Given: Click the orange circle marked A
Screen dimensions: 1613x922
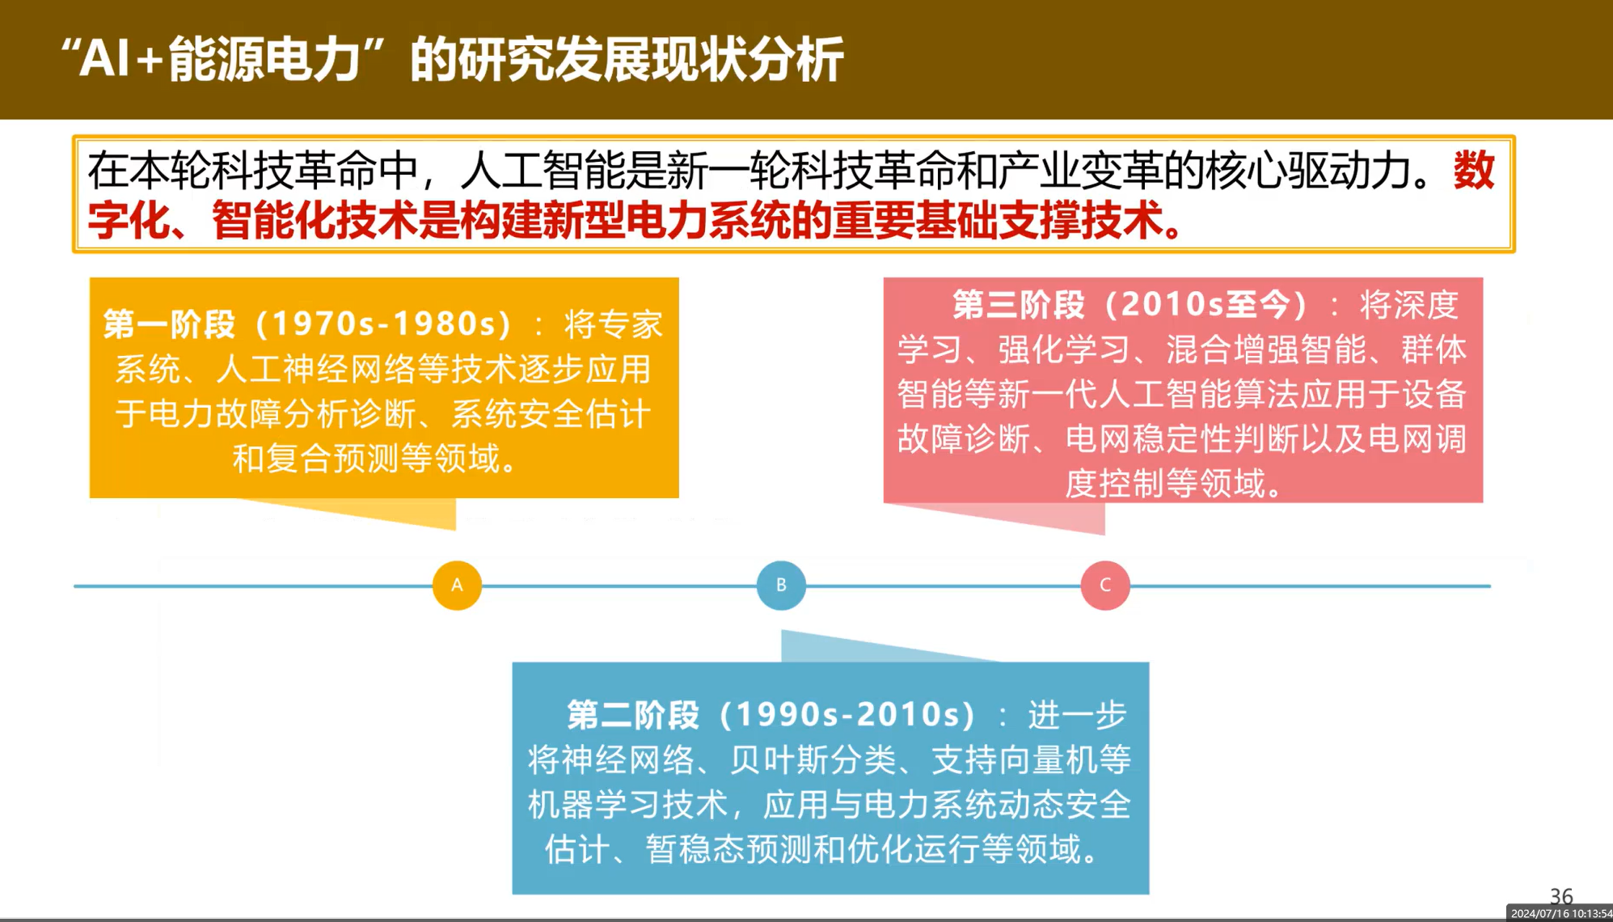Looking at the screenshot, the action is (x=457, y=585).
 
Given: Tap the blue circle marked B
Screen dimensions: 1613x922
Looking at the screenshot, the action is (x=781, y=585).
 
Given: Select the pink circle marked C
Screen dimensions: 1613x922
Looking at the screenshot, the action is (x=1105, y=585).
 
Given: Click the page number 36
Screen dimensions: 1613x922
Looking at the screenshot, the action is (x=1561, y=895).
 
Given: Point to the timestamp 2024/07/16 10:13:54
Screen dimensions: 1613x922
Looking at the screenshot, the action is (x=1561, y=913).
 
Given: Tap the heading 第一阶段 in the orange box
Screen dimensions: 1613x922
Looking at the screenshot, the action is (x=170, y=324).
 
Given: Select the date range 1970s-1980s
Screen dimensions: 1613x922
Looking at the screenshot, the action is (x=383, y=324).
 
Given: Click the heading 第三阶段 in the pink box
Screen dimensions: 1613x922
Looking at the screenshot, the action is (x=1019, y=305).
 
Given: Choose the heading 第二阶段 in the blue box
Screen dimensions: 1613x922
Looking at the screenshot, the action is (x=633, y=715).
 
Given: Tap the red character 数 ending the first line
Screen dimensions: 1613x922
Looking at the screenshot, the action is (x=1474, y=171).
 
